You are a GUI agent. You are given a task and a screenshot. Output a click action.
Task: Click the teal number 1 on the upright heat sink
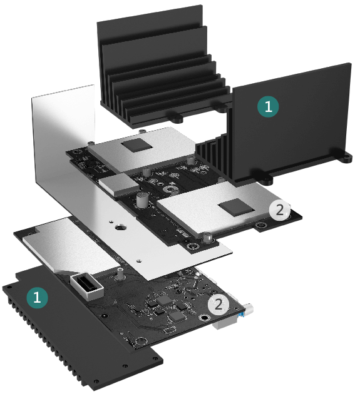coord(268,107)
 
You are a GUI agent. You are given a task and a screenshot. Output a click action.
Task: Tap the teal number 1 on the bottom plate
coord(37,298)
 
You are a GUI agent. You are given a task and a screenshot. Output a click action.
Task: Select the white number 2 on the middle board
coord(279,210)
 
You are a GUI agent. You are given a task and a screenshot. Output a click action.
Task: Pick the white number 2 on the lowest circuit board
coord(219,305)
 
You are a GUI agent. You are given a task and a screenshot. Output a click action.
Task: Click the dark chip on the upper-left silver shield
coord(136,145)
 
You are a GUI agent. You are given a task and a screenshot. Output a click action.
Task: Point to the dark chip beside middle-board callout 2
coord(235,207)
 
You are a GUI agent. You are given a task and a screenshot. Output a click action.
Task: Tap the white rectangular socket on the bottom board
coord(87,286)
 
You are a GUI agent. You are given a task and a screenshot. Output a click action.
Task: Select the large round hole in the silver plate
coord(119,228)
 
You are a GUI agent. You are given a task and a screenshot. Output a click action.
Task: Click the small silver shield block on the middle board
coord(119,184)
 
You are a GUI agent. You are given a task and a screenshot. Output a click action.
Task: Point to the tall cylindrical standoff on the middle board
coord(141,200)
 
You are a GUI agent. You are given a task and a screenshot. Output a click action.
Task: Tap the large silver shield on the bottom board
coord(72,246)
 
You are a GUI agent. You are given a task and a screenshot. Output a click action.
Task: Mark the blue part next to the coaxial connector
coord(242,315)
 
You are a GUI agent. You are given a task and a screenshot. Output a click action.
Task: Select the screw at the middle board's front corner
coord(207,238)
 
